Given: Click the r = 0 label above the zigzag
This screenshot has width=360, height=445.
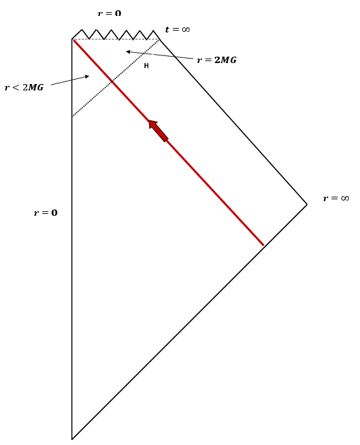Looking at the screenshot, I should [x=109, y=13].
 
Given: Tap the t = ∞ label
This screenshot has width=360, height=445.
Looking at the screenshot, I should [x=177, y=29].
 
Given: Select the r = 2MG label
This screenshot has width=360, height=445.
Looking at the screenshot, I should [x=217, y=60].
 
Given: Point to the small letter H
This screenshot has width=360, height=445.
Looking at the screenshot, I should [x=146, y=66].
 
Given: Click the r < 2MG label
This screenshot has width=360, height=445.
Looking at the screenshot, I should [x=24, y=87].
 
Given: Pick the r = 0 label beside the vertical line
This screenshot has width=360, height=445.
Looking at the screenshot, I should [x=45, y=213].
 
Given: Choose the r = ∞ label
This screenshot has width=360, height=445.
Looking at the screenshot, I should [x=336, y=198].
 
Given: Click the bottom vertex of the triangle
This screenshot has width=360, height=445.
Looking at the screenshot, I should [x=72, y=439].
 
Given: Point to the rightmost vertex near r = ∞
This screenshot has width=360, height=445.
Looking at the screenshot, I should [x=307, y=204].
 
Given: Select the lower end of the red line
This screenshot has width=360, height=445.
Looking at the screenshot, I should [x=264, y=245].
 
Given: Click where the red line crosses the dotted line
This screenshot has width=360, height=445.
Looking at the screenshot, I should [x=112, y=81].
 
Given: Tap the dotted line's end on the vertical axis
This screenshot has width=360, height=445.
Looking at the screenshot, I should [x=72, y=117].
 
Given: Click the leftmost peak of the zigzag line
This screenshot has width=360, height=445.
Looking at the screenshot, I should [x=82, y=29].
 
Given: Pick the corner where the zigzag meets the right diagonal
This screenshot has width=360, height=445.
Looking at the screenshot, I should [x=159, y=39].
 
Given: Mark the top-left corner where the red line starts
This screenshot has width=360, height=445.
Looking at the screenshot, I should [x=73, y=39].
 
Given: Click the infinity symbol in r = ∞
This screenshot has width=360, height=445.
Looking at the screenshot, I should [x=345, y=198].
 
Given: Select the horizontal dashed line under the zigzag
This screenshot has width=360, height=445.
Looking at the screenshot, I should [x=115, y=39].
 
